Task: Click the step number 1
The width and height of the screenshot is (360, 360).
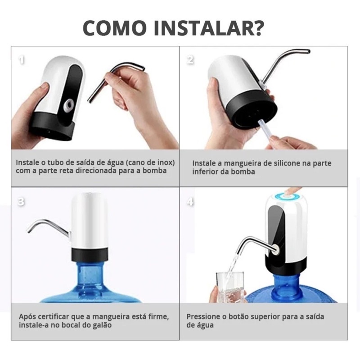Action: (x=22, y=60)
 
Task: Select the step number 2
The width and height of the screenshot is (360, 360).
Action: (x=190, y=60)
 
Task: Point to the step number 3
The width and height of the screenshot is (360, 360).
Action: (x=21, y=202)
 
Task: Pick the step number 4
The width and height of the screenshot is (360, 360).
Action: (x=190, y=202)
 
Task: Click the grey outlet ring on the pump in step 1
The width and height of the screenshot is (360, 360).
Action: (x=69, y=105)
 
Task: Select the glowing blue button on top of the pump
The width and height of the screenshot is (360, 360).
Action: (x=286, y=196)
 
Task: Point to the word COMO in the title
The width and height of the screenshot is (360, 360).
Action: (x=115, y=28)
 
